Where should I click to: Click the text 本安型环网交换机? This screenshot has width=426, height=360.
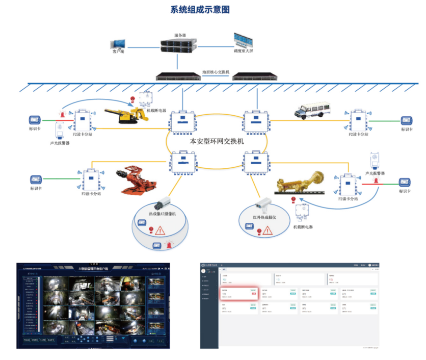click(217, 141)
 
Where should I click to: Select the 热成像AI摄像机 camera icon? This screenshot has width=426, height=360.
click(165, 203)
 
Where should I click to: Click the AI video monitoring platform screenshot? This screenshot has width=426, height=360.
click(92, 305)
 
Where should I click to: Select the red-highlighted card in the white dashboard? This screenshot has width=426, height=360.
click(238, 293)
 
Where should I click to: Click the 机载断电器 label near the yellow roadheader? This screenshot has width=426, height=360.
click(156, 110)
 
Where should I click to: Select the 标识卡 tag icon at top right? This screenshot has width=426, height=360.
click(406, 120)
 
